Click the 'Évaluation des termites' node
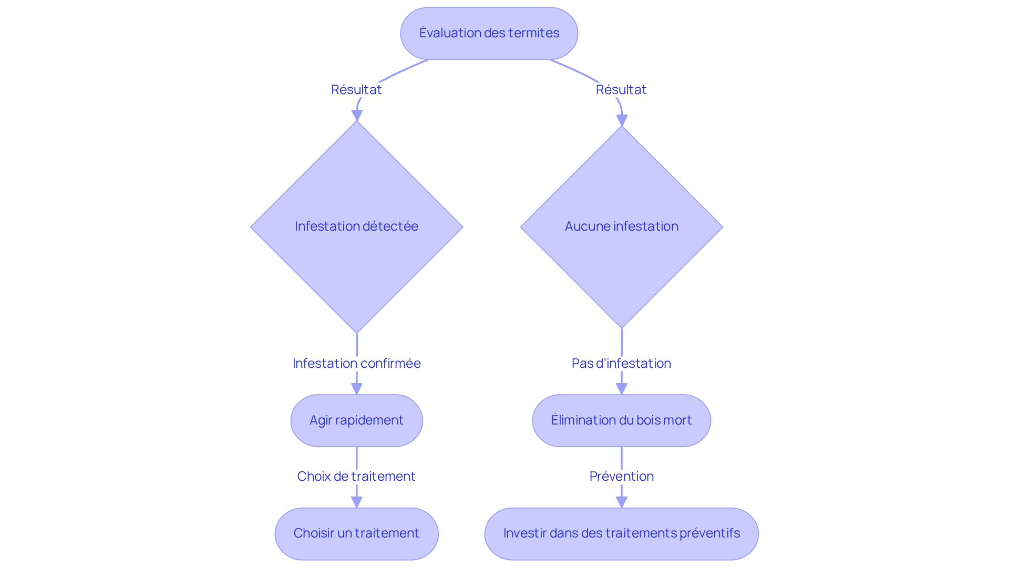(489, 33)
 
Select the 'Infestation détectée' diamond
(356, 226)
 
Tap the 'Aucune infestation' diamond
(621, 226)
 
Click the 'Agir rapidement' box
(356, 420)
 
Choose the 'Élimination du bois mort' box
(621, 420)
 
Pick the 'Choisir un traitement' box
(356, 533)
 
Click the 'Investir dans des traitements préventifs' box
(621, 533)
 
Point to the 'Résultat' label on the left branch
(356, 90)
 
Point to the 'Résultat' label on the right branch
(621, 90)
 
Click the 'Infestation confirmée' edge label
(356, 364)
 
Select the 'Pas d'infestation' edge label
(621, 364)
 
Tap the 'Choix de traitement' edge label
(356, 477)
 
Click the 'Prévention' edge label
(621, 477)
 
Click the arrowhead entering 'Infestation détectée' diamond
(357, 116)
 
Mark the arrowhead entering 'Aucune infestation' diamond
(622, 121)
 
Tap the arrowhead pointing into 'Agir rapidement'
(356, 389)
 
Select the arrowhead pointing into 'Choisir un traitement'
(356, 502)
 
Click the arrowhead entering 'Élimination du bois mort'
(621, 389)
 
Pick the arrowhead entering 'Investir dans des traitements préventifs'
(621, 502)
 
